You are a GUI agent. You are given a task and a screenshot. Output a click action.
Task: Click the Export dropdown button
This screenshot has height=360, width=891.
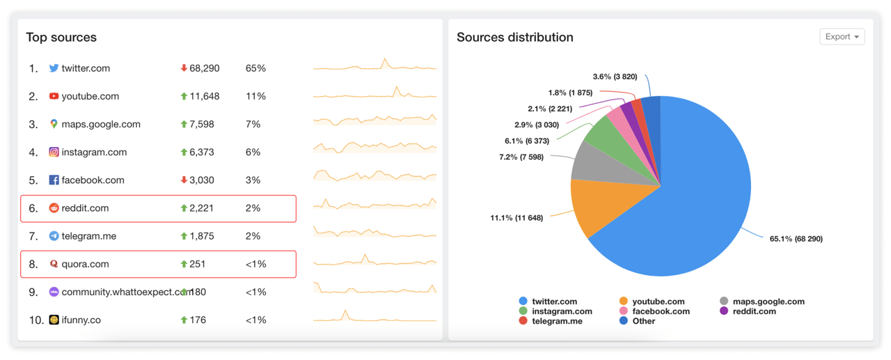click(842, 37)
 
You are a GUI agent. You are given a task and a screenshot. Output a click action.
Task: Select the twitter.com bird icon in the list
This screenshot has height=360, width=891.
click(54, 68)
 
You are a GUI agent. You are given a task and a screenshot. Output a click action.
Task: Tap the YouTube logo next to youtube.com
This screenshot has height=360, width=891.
click(54, 96)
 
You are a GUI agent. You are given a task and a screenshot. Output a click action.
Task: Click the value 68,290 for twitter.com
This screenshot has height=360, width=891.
click(204, 68)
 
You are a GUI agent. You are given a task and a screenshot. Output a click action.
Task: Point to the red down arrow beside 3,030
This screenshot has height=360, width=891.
click(184, 180)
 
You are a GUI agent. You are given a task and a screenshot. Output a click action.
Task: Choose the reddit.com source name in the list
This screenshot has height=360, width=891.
click(85, 208)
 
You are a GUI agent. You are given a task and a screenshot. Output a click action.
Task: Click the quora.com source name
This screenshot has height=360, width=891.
click(85, 264)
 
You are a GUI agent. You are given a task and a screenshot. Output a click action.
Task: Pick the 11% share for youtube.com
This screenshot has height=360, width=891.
click(255, 96)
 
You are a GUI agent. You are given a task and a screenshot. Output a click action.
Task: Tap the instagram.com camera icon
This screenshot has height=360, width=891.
click(54, 152)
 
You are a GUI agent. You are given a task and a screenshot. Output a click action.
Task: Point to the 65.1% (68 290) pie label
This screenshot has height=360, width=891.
click(796, 239)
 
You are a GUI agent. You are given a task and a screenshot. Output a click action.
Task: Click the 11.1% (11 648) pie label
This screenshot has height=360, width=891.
click(517, 218)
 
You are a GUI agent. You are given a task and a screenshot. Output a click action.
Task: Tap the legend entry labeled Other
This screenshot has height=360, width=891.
click(643, 321)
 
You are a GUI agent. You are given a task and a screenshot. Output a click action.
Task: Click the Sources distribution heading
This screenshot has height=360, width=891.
click(514, 38)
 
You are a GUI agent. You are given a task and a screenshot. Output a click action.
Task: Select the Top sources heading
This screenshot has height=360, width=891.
click(61, 38)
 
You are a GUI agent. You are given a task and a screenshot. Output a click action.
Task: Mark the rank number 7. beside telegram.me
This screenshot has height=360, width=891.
click(33, 236)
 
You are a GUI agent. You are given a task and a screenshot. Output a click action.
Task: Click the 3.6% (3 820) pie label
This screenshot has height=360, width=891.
click(615, 77)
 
